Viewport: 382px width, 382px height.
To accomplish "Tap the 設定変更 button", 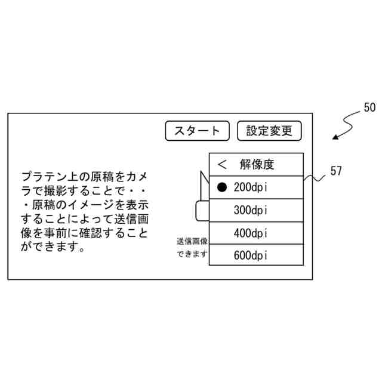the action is tap(269, 131).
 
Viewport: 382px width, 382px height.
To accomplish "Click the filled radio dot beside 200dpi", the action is tap(222, 187).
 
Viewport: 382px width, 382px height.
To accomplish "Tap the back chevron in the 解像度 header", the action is tap(223, 164).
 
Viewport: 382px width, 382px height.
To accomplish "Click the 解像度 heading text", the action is tap(257, 164).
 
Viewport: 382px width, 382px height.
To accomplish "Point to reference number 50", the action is tap(369, 108).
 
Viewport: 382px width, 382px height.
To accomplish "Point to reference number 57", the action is tap(336, 171).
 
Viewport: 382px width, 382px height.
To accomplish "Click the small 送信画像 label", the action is tap(192, 242).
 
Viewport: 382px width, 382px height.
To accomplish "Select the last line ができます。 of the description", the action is tap(51, 246).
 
